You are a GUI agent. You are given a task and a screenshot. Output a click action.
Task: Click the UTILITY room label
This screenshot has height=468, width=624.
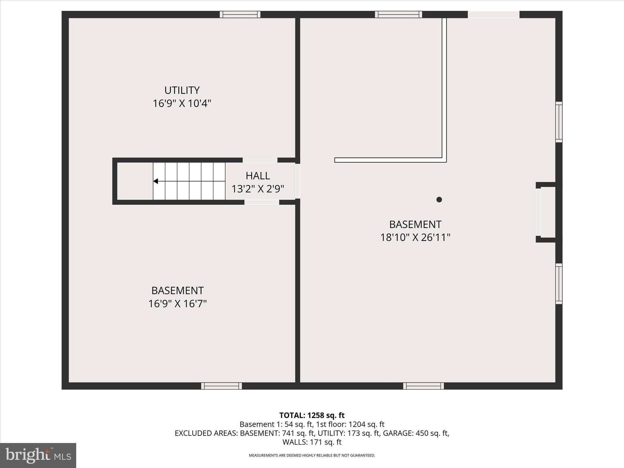[182, 90]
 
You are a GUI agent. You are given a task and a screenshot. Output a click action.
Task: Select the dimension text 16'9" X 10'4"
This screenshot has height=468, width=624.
[182, 104]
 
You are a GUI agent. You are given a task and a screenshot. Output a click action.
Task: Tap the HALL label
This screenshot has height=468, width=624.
[258, 176]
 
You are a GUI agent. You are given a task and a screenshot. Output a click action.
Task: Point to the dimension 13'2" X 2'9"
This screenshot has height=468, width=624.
[258, 189]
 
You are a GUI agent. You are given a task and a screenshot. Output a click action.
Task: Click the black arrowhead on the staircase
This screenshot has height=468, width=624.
[155, 181]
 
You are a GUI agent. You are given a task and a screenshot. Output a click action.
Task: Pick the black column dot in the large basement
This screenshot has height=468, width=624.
[439, 200]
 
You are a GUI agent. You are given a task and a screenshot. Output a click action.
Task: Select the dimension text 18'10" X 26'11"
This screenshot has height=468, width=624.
[415, 237]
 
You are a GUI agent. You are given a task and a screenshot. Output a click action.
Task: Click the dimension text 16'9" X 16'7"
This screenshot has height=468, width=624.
[177, 304]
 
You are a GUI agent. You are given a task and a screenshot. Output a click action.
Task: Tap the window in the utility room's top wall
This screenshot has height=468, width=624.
[240, 14]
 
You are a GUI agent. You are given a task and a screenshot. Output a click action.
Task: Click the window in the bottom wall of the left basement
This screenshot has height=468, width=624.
[222, 386]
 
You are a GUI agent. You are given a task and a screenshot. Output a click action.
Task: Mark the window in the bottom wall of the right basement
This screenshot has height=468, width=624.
[424, 386]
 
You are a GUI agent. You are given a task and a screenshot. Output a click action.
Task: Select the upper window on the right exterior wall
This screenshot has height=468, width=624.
[559, 122]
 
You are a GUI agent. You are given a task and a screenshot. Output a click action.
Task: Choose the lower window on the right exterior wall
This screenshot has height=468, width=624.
[559, 284]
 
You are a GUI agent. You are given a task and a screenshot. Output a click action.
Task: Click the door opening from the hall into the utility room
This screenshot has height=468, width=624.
[260, 160]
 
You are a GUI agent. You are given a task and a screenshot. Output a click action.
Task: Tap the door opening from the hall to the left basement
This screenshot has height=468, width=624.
[262, 202]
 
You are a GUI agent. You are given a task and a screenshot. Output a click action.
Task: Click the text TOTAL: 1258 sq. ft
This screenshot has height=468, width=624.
[312, 415]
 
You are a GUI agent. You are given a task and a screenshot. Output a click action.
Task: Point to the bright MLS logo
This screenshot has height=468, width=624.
[38, 455]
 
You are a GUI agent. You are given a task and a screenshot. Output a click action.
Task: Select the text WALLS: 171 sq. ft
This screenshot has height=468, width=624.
[312, 442]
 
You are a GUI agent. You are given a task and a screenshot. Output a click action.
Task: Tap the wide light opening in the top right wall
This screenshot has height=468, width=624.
[494, 14]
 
